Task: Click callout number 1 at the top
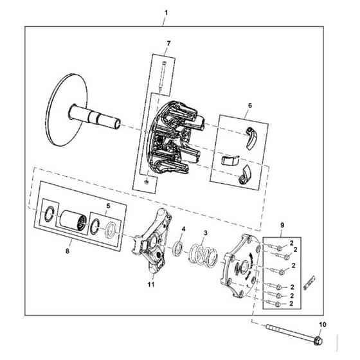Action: pos(166,13)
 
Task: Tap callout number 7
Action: pos(168,43)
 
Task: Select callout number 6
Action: pos(250,105)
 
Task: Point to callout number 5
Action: pos(108,206)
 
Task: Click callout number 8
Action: pos(67,251)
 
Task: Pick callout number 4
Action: pos(183,229)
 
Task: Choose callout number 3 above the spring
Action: pos(205,233)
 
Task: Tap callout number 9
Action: pos(282,225)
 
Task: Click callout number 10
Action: pos(323,325)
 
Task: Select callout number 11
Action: pos(151,284)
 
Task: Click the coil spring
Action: pos(203,255)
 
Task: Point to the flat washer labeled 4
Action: pos(178,248)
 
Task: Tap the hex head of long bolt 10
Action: pos(318,340)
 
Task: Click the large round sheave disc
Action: pos(67,109)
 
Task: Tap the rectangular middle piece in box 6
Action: pos(230,160)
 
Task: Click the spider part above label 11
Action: pos(152,240)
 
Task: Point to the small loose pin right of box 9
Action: pos(309,283)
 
